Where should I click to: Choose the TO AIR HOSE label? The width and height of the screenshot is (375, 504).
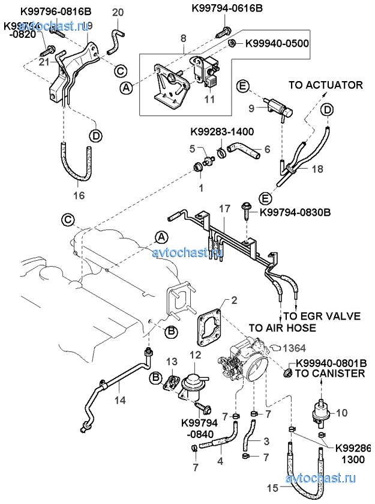pos(282,328)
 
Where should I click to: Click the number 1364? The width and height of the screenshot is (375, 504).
pos(295,348)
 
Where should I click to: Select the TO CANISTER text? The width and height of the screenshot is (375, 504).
pos(329,374)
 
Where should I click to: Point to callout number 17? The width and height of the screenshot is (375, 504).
pos(224,208)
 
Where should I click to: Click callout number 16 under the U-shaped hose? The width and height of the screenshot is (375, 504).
pos(79,195)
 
